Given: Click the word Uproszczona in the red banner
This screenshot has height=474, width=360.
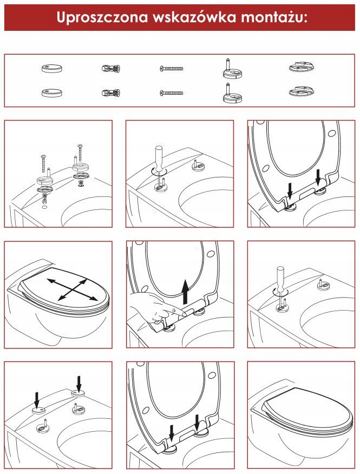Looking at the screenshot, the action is point(102,17).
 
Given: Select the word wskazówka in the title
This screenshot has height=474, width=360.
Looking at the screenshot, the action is point(194,17).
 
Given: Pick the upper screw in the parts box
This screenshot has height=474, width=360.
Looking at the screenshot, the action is point(171,69).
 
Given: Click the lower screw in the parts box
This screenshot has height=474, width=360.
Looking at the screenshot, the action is point(171,93).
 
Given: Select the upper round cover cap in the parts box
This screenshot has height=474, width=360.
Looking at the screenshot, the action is point(52,68).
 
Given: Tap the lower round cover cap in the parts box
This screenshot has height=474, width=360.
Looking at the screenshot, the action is point(52,93).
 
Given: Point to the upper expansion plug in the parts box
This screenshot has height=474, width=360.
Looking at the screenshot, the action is point(111,68).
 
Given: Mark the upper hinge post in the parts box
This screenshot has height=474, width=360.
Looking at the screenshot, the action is point(232,69).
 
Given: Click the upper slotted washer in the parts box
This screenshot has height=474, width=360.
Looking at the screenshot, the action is point(302,67).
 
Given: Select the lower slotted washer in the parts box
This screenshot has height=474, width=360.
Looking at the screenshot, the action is point(302,91).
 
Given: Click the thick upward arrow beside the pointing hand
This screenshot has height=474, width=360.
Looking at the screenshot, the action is point(186,292).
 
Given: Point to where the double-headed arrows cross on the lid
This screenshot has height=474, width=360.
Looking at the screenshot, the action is point(73,290).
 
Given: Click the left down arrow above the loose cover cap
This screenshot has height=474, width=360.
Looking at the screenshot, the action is point(37,400).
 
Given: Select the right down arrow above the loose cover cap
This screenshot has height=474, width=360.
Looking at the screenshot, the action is point(79,384).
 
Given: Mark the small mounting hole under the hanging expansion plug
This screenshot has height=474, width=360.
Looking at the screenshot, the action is point(44,207).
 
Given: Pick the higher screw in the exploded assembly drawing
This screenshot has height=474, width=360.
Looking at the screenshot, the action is point(80,153).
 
